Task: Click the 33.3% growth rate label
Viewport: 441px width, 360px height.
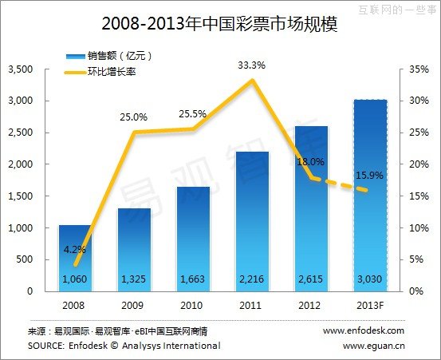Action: [x=252, y=65]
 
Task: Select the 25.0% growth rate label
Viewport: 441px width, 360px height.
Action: [x=134, y=117]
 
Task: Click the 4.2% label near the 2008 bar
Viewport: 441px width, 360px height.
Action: [x=75, y=249]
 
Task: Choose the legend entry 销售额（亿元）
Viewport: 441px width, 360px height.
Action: [x=120, y=56]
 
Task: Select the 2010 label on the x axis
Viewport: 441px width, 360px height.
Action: [x=193, y=305]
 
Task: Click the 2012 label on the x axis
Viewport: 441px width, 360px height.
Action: [x=311, y=305]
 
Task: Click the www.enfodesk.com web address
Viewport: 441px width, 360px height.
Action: [x=364, y=330]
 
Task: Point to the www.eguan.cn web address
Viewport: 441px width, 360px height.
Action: [x=373, y=346]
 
